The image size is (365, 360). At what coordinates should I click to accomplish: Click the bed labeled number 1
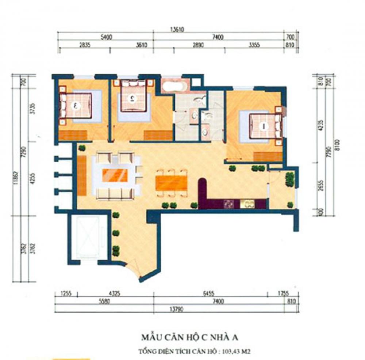tap(264, 126)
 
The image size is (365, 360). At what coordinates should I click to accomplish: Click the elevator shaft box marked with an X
tap(86, 237)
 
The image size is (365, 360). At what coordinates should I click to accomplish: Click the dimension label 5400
tap(105, 38)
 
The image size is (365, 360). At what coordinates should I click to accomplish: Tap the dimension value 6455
tap(209, 293)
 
